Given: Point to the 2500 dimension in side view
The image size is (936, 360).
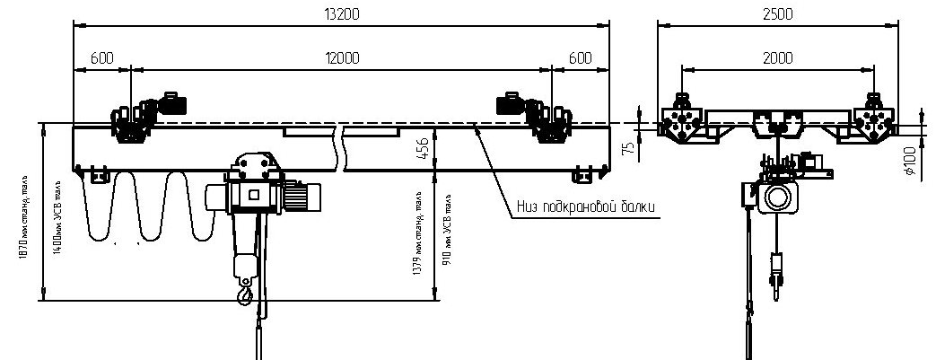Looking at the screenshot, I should [777, 13].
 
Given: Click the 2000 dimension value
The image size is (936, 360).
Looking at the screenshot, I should [777, 57].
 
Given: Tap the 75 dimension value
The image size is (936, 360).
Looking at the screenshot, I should [630, 146].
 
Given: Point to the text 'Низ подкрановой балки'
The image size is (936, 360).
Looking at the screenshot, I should [585, 207].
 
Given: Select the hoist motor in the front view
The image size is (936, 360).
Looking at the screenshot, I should [302, 195].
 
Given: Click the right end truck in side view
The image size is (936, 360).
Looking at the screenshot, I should [871, 120].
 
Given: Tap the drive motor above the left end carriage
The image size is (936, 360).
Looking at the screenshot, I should [170, 101].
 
